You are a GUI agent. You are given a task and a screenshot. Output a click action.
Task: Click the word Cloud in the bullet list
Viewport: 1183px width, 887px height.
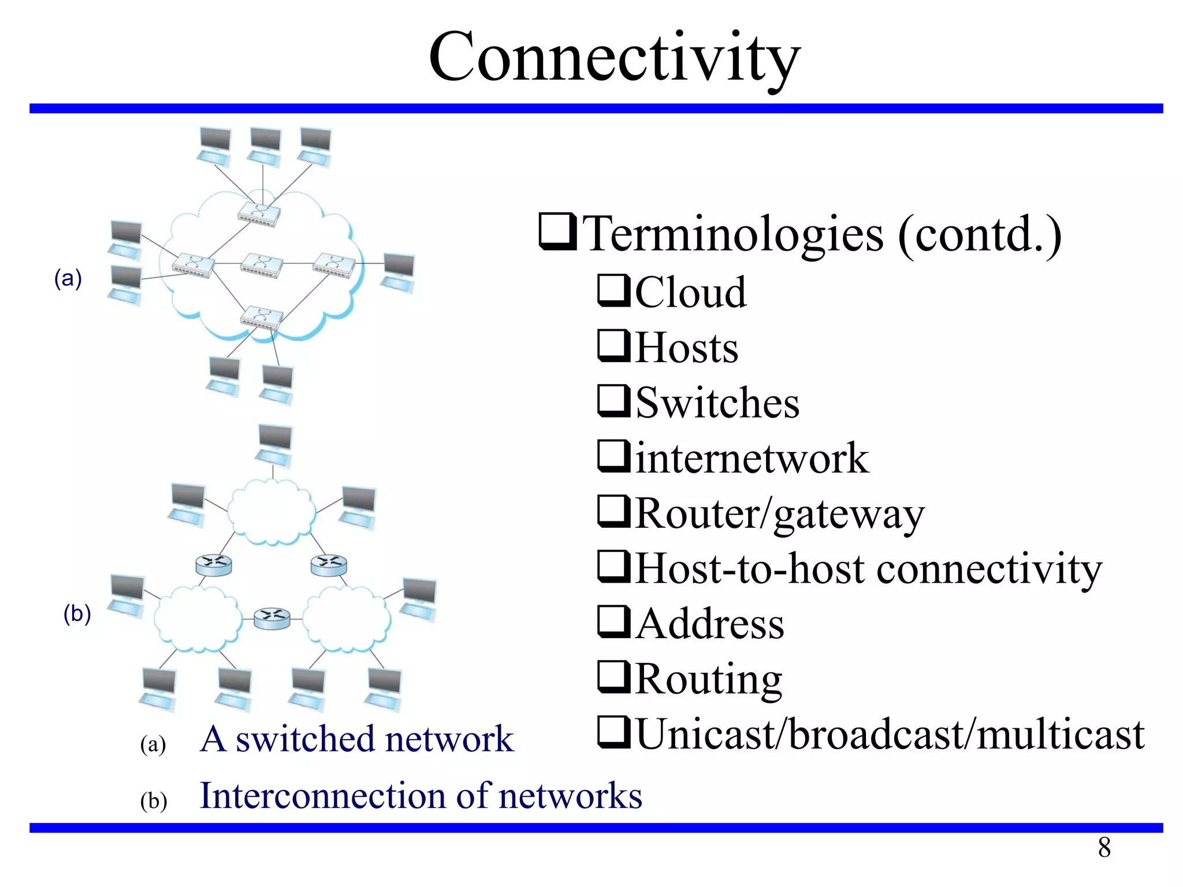pyautogui.click(x=690, y=292)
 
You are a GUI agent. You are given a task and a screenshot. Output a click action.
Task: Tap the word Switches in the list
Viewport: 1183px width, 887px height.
pyautogui.click(x=717, y=403)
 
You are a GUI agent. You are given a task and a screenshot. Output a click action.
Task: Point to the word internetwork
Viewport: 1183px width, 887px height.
pyautogui.click(x=752, y=459)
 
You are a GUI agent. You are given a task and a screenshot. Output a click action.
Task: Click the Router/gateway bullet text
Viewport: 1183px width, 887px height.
pyautogui.click(x=779, y=513)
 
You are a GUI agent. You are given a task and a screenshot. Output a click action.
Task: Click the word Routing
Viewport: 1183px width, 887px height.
pyautogui.click(x=708, y=679)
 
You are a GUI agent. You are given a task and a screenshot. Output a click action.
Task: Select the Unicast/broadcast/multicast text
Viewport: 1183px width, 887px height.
pyautogui.click(x=890, y=735)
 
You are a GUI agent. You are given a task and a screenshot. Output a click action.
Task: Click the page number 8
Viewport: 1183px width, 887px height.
pyautogui.click(x=1104, y=848)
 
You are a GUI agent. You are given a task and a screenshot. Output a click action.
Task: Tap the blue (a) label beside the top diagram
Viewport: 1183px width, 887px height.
pyautogui.click(x=68, y=278)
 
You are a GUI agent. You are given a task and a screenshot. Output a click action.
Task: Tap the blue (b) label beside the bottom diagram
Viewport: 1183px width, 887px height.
pyautogui.click(x=77, y=613)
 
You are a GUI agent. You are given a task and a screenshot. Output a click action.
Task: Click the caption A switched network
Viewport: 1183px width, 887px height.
pyautogui.click(x=356, y=739)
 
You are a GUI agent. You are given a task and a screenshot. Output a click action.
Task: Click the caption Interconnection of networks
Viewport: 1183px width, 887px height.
pyautogui.click(x=421, y=796)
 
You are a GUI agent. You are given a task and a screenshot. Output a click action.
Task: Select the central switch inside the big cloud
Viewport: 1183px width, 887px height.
pyautogui.click(x=262, y=265)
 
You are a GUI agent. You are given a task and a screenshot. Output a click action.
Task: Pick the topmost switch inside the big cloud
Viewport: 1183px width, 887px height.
pyautogui.click(x=259, y=214)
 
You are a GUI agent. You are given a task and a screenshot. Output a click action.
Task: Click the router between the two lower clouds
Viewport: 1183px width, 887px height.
pyautogui.click(x=272, y=618)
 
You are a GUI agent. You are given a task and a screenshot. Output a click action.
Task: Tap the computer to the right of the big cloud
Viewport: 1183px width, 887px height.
pyautogui.click(x=398, y=271)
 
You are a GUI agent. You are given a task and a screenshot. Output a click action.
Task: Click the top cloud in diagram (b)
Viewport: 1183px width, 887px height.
pyautogui.click(x=271, y=512)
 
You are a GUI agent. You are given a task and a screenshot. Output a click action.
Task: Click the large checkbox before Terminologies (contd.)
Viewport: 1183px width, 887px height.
pyautogui.click(x=557, y=232)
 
